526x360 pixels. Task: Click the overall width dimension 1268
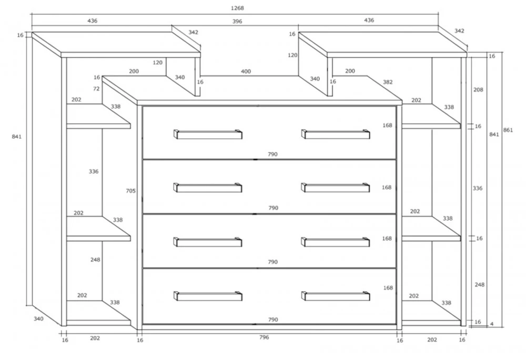point(237,8)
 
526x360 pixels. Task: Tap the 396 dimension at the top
point(237,22)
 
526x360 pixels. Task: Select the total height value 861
point(508,130)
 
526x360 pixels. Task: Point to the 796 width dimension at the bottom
point(264,337)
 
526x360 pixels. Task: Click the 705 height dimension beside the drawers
point(131,191)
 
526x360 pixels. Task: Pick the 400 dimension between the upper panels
point(246,71)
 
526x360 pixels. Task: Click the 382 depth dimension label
point(388,82)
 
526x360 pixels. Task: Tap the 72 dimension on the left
point(96,89)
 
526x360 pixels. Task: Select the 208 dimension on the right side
point(478,90)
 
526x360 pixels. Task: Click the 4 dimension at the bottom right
point(492,324)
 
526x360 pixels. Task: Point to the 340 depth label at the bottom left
point(38,319)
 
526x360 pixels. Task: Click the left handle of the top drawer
point(208,134)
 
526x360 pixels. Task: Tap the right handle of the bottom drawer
point(336,296)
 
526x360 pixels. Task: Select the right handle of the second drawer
point(336,188)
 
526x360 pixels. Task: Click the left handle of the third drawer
point(208,242)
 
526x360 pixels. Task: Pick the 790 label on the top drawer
point(272,154)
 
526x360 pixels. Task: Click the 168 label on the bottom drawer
point(388,288)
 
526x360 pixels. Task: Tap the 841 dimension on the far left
point(16,137)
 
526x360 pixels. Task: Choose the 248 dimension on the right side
point(479,284)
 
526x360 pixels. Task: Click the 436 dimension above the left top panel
point(92,21)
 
